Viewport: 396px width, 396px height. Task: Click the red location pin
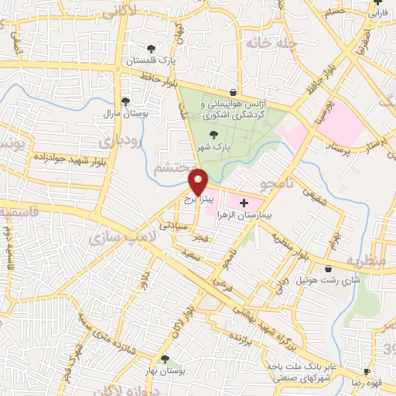198,183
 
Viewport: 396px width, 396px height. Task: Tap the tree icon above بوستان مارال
125,101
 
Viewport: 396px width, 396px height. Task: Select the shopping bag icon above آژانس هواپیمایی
233,91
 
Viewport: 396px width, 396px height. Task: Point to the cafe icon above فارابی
376,3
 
